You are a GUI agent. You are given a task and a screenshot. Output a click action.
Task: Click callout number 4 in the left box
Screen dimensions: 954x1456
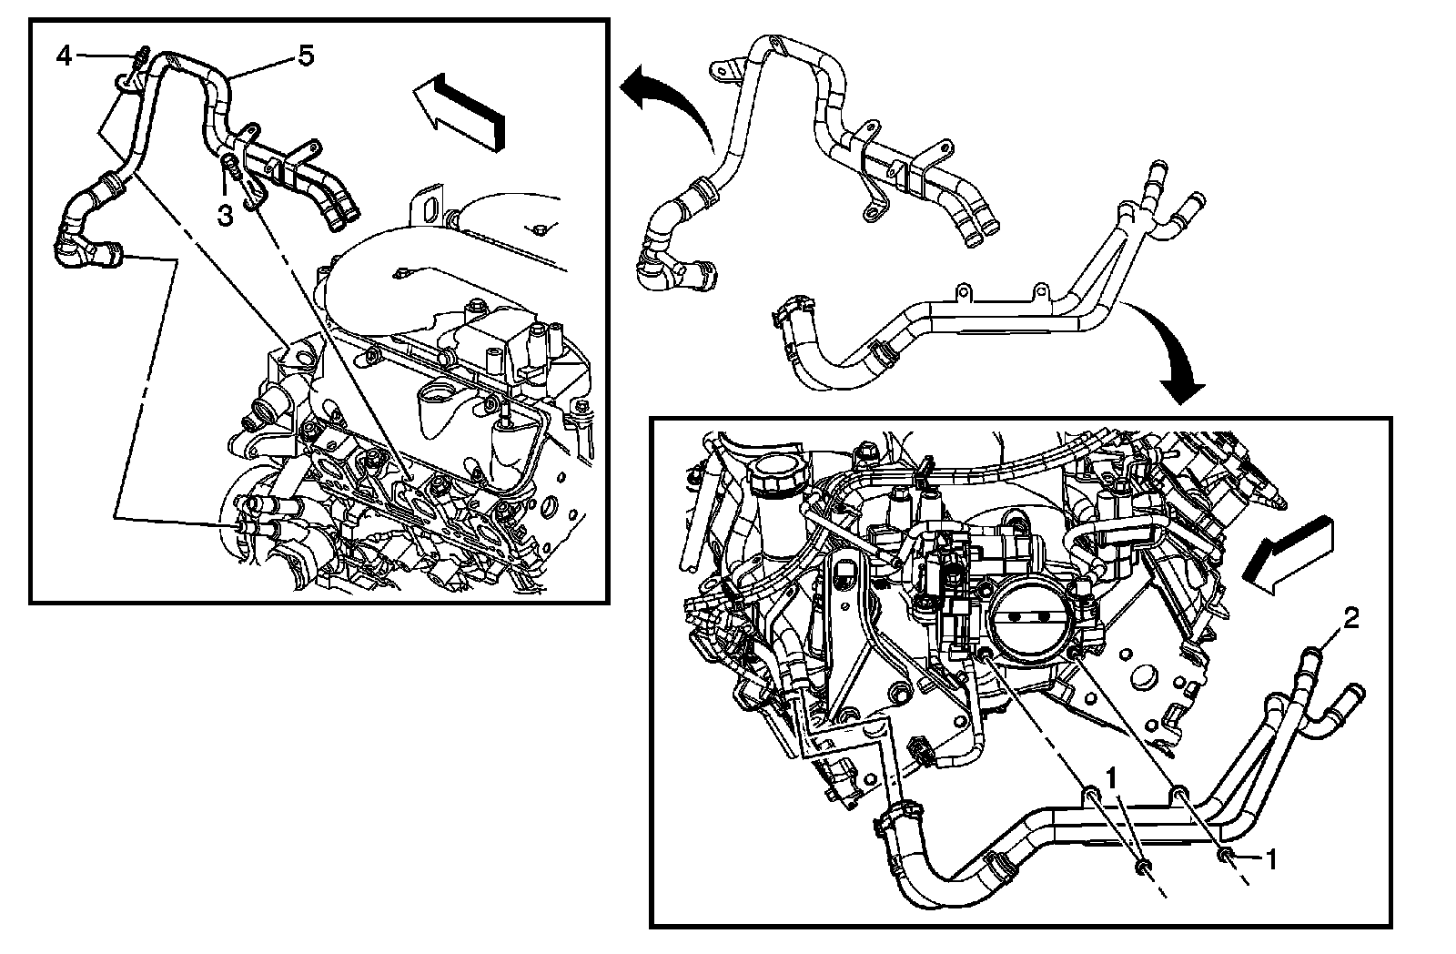[x=64, y=56]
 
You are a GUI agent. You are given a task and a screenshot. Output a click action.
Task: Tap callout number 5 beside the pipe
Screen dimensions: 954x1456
[x=305, y=56]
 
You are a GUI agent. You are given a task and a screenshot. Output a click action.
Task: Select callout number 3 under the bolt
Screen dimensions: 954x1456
[x=224, y=215]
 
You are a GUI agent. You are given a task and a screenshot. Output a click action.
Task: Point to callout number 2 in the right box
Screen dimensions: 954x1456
[x=1352, y=620]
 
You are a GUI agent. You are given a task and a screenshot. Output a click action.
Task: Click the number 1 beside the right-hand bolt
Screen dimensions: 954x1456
[x=1272, y=858]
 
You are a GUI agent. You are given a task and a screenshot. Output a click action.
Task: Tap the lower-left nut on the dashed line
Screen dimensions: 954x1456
[x=1141, y=865]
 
